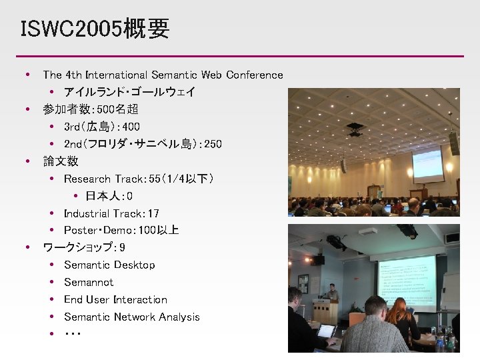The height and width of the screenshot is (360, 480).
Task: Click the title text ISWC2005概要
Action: pyautogui.click(x=95, y=29)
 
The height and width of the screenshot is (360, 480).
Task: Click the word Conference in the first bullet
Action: pyautogui.click(x=254, y=75)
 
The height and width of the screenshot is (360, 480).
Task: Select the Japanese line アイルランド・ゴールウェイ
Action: pyautogui.click(x=129, y=92)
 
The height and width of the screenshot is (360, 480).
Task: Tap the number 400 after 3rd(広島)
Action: pyautogui.click(x=131, y=127)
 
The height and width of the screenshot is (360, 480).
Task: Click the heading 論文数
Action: pyautogui.click(x=61, y=161)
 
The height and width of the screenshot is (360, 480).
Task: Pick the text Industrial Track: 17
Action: pyautogui.click(x=111, y=213)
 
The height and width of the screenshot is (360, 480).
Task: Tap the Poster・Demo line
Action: pyautogui.click(x=121, y=231)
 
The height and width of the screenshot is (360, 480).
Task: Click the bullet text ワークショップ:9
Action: pyautogui.click(x=84, y=248)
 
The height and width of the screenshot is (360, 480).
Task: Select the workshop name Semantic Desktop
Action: pyautogui.click(x=109, y=265)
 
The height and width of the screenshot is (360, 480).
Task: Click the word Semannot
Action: pyautogui.click(x=89, y=283)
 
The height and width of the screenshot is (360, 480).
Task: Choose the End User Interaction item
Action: pyautogui.click(x=115, y=300)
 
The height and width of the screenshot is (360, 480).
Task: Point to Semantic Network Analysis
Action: pyautogui.click(x=132, y=317)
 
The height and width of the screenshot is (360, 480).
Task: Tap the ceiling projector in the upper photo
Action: pyautogui.click(x=355, y=129)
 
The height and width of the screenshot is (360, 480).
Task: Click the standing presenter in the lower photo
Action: pyautogui.click(x=332, y=296)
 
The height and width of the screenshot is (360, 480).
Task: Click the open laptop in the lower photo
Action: pyautogui.click(x=326, y=331)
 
